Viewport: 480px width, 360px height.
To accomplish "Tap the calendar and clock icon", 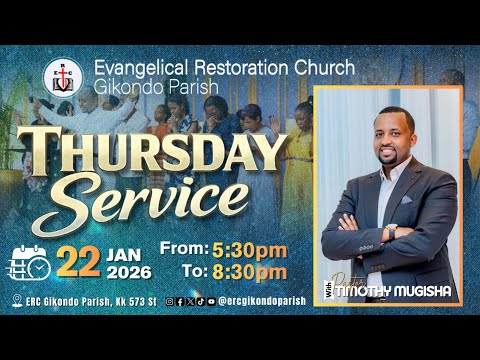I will [x=31, y=260].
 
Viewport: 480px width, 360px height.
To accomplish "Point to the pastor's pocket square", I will [x=408, y=199].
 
